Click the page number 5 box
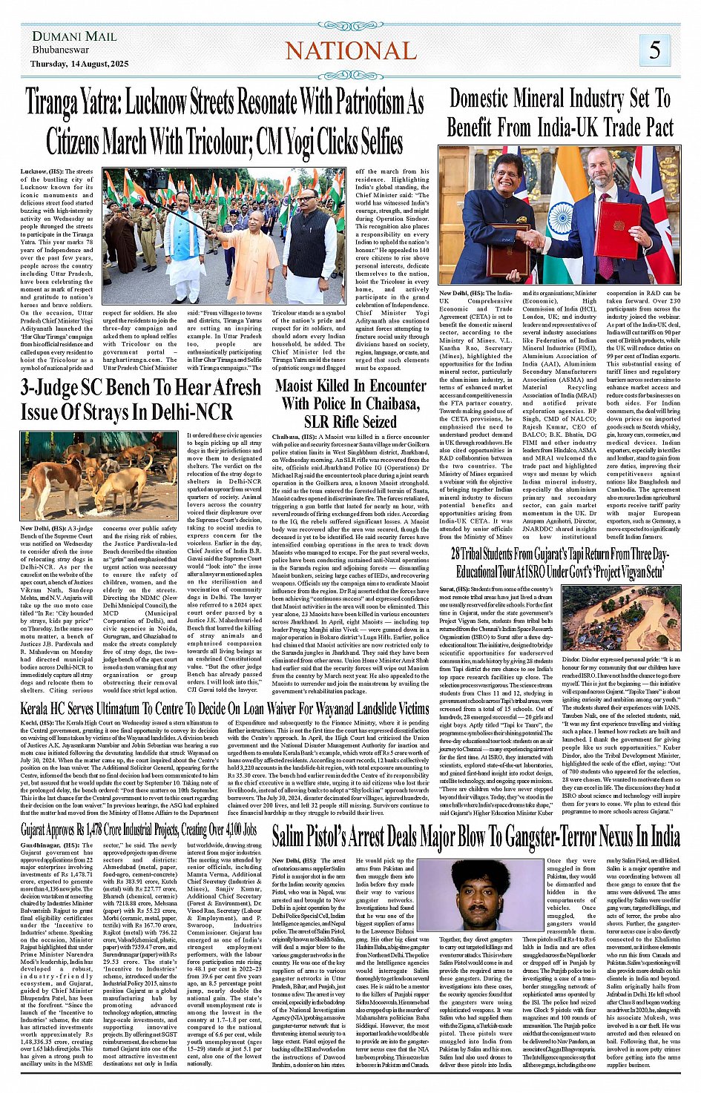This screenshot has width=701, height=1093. tap(655, 50)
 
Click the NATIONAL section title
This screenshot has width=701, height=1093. tap(351, 50)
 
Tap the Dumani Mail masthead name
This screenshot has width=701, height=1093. tap(74, 36)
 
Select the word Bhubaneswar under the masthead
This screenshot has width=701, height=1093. tap(61, 50)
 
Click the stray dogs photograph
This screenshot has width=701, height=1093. tap(99, 475)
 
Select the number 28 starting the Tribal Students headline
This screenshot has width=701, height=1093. tap(457, 555)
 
